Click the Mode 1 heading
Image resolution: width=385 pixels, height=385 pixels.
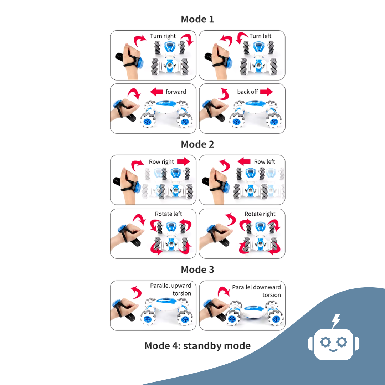(197, 19)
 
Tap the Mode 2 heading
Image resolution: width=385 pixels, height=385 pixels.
(197, 144)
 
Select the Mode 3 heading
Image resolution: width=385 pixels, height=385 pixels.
(197, 269)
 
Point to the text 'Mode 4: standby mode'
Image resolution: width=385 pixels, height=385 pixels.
(197, 346)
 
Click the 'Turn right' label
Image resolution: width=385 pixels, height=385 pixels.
(163, 36)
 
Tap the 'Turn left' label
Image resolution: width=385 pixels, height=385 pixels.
(260, 36)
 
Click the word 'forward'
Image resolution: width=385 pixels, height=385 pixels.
(176, 92)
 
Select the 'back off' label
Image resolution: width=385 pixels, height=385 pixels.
(247, 92)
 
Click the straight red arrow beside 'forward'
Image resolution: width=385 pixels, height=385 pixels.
(156, 92)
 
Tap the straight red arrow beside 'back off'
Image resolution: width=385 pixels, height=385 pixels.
(266, 92)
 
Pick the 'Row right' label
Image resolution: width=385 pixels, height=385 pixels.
(161, 162)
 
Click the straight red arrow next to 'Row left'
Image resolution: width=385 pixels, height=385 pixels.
(244, 161)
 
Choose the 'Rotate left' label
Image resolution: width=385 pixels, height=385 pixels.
(168, 214)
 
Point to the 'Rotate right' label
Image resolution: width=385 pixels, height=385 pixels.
(260, 214)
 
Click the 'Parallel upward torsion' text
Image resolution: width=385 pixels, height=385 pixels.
(171, 289)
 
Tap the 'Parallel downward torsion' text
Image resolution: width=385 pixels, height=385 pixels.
(257, 291)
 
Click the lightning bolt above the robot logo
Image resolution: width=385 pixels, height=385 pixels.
(336, 321)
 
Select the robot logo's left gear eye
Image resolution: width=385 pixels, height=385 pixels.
(325, 342)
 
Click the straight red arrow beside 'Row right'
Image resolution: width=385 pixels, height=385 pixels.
(184, 161)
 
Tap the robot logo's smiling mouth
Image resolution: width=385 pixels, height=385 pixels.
(333, 350)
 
